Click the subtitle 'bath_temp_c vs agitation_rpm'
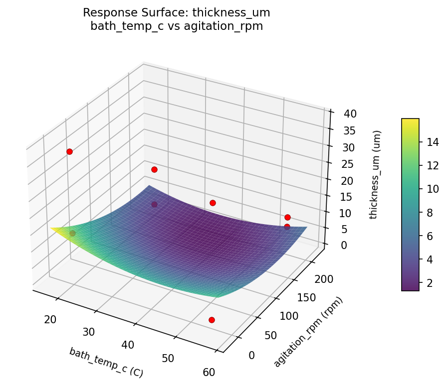(x=177, y=26)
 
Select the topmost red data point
(x=69, y=151)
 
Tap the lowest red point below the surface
(x=212, y=320)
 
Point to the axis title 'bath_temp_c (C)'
(x=106, y=362)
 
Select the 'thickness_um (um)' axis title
(x=377, y=174)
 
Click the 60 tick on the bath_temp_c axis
(x=210, y=372)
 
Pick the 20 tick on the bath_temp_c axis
(x=50, y=319)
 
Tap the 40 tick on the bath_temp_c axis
(x=128, y=345)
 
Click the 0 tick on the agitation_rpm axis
(x=251, y=355)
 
